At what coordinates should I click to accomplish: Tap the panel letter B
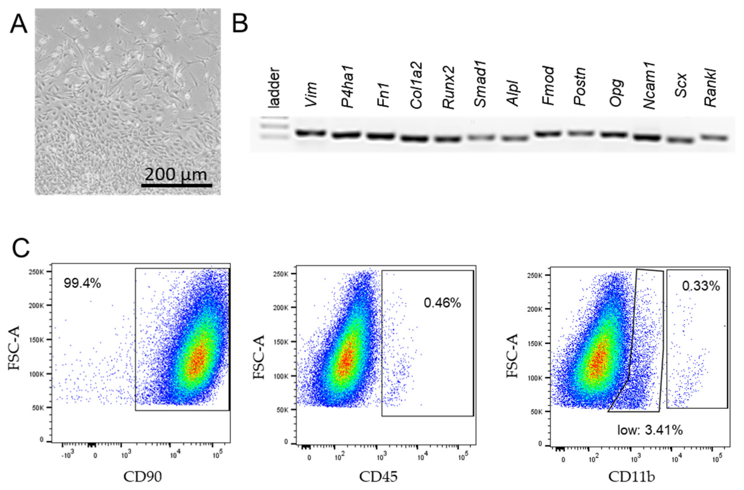click(x=240, y=23)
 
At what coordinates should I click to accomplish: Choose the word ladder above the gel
click(x=274, y=88)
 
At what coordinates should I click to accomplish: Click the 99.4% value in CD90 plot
click(x=82, y=283)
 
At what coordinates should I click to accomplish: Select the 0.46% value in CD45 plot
click(x=442, y=303)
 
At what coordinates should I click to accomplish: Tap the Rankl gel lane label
click(x=711, y=88)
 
